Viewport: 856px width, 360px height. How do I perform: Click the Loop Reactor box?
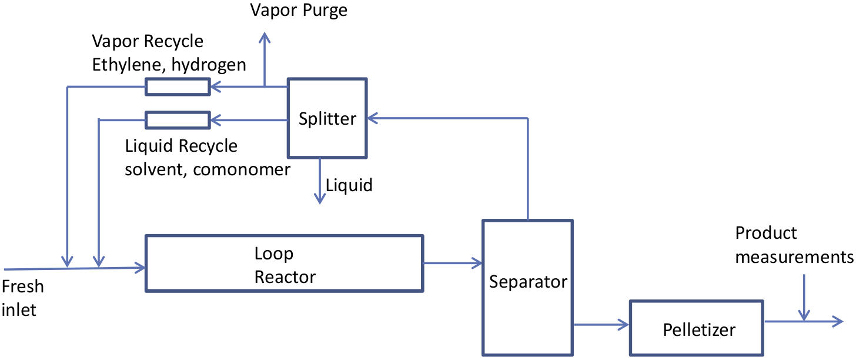pyautogui.click(x=284, y=263)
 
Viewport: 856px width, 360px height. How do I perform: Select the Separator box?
pyautogui.click(x=527, y=287)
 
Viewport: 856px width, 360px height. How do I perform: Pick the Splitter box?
pyautogui.click(x=327, y=118)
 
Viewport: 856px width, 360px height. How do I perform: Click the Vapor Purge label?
pyautogui.click(x=298, y=11)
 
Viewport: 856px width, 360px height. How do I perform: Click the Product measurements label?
pyautogui.click(x=793, y=245)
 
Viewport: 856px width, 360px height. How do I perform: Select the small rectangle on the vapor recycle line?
pyautogui.click(x=177, y=87)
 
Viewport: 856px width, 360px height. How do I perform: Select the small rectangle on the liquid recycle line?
pyautogui.click(x=177, y=120)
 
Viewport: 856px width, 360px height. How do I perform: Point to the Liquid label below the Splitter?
pyautogui.click(x=349, y=185)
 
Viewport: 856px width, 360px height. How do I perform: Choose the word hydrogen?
pyautogui.click(x=213, y=64)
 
